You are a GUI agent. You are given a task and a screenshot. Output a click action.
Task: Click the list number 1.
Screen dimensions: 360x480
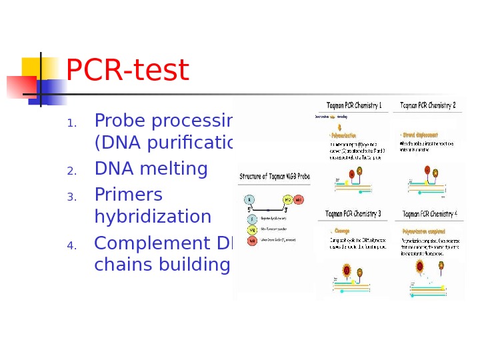[72, 123]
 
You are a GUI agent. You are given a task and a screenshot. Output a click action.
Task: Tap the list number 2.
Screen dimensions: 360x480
[72, 171]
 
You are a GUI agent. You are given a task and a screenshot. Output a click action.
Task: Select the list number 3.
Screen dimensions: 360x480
[72, 197]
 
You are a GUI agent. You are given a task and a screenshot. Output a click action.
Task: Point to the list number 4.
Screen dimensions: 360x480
[72, 246]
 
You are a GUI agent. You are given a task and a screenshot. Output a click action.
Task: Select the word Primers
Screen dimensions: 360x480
[129, 194]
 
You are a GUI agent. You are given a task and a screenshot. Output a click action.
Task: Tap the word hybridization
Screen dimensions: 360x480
[153, 217]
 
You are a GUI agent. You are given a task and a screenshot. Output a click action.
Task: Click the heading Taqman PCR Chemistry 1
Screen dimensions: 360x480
[353, 105]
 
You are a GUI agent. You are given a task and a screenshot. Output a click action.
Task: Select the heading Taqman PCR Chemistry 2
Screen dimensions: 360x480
[428, 105]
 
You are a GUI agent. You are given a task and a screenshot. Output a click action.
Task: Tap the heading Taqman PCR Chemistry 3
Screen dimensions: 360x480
[353, 214]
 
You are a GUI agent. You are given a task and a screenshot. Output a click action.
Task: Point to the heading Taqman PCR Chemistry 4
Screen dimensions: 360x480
[430, 214]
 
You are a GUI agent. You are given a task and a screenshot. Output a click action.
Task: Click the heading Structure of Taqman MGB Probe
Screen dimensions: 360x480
[274, 177]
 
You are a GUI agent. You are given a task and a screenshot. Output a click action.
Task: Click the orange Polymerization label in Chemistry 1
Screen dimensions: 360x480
[345, 134]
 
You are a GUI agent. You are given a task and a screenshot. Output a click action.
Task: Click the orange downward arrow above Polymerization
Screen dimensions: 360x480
[341, 126]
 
